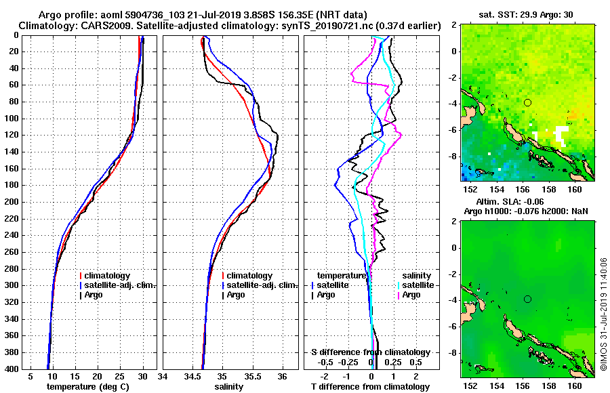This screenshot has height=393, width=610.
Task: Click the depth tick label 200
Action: point(12,202)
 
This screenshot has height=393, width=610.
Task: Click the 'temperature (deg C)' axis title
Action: point(87,387)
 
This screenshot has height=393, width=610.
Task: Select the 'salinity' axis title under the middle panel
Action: point(230,387)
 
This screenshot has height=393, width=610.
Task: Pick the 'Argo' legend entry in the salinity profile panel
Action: point(236,295)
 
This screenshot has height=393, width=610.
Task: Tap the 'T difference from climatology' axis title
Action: point(370,387)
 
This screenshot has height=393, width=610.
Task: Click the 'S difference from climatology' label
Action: point(370,352)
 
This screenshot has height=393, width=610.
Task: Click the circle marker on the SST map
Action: point(527,102)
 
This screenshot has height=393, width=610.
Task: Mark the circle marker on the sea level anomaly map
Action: point(527,299)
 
